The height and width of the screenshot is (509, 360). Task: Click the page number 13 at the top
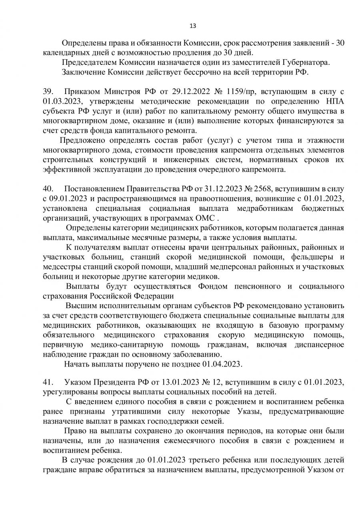(192, 26)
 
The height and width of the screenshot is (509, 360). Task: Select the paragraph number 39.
(47, 91)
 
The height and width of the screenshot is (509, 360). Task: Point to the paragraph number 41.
(47, 382)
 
